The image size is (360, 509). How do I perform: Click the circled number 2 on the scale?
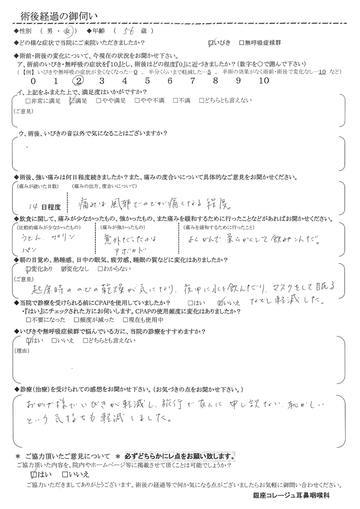tap(79, 80)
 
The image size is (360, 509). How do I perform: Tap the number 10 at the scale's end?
tap(264, 81)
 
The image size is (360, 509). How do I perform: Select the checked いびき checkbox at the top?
tap(212, 43)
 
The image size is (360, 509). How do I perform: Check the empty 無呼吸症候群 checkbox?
tap(241, 43)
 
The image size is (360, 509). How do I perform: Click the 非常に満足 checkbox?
tap(28, 101)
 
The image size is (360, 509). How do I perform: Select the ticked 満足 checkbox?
tap(72, 101)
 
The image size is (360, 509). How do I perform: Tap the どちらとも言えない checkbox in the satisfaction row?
tap(202, 101)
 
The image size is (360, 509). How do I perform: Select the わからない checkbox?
tap(100, 269)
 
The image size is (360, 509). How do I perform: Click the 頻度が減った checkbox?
tap(77, 320)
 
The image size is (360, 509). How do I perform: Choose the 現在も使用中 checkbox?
tap(126, 320)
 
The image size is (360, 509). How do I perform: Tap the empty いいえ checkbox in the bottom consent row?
tap(65, 475)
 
